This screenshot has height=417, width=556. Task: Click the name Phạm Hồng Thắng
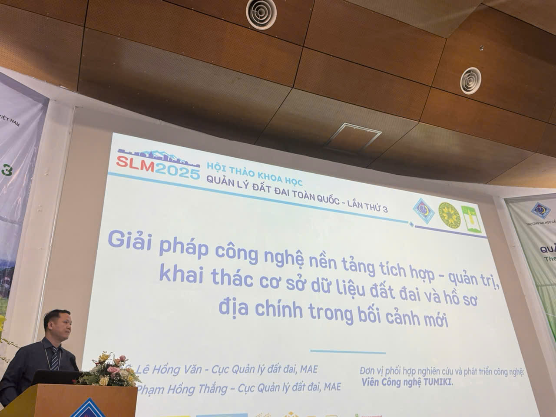[183, 388]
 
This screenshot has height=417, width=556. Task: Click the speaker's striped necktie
[54, 359]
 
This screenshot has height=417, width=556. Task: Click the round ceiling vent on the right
[471, 80]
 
